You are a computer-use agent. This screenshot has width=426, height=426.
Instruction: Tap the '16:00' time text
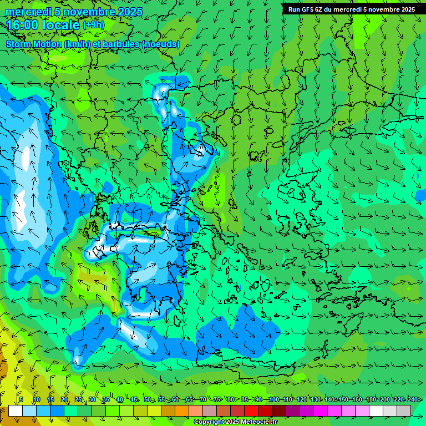(x=23, y=26)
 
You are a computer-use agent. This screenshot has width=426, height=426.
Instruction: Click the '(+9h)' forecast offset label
(x=93, y=25)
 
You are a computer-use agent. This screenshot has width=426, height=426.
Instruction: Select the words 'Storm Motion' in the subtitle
(x=33, y=44)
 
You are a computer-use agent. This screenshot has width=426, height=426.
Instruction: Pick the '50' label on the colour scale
(x=147, y=399)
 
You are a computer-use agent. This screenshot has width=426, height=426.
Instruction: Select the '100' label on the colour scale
(x=273, y=399)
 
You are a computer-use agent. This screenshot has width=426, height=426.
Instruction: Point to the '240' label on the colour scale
(x=412, y=399)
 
